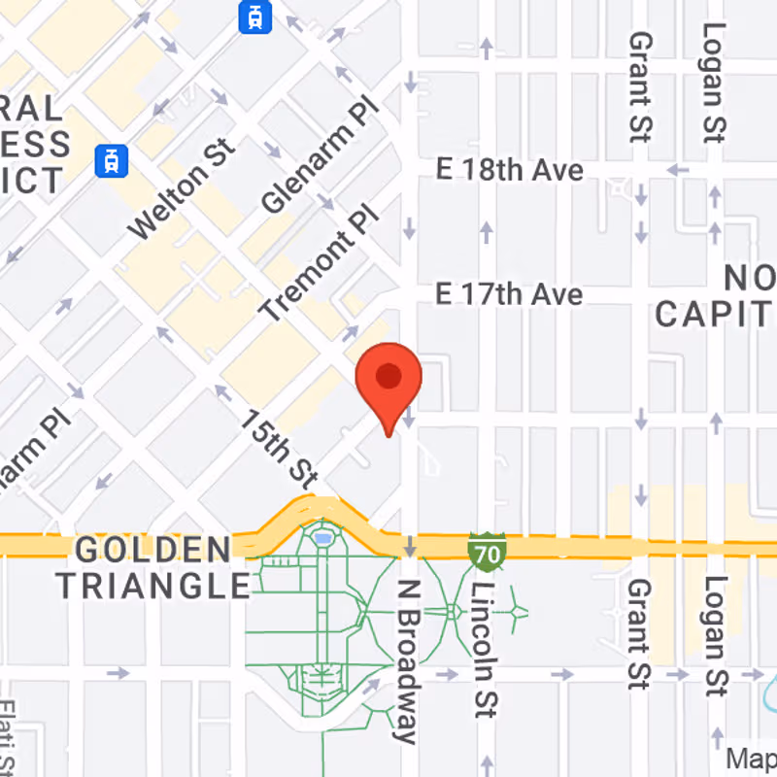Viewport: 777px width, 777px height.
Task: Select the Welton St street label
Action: (x=183, y=189)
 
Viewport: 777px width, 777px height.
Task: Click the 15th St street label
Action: (x=280, y=448)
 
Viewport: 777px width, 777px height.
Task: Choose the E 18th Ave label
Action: (x=509, y=170)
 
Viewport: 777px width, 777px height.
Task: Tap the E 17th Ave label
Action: (x=509, y=293)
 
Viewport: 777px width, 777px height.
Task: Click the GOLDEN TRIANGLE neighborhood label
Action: (x=152, y=567)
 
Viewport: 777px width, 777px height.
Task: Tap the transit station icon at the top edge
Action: (x=254, y=17)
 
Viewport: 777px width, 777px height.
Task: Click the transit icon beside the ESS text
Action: (x=113, y=159)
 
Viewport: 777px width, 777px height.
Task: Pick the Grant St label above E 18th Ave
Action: (x=640, y=86)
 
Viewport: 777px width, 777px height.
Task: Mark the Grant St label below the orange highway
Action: (x=638, y=633)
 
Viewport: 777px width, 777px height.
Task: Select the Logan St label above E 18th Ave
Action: (x=716, y=82)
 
